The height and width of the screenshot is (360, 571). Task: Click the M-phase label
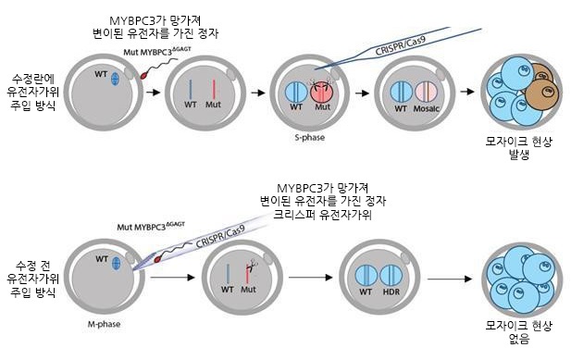pos(91,325)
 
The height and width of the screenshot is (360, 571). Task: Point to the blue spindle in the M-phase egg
pos(116,264)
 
